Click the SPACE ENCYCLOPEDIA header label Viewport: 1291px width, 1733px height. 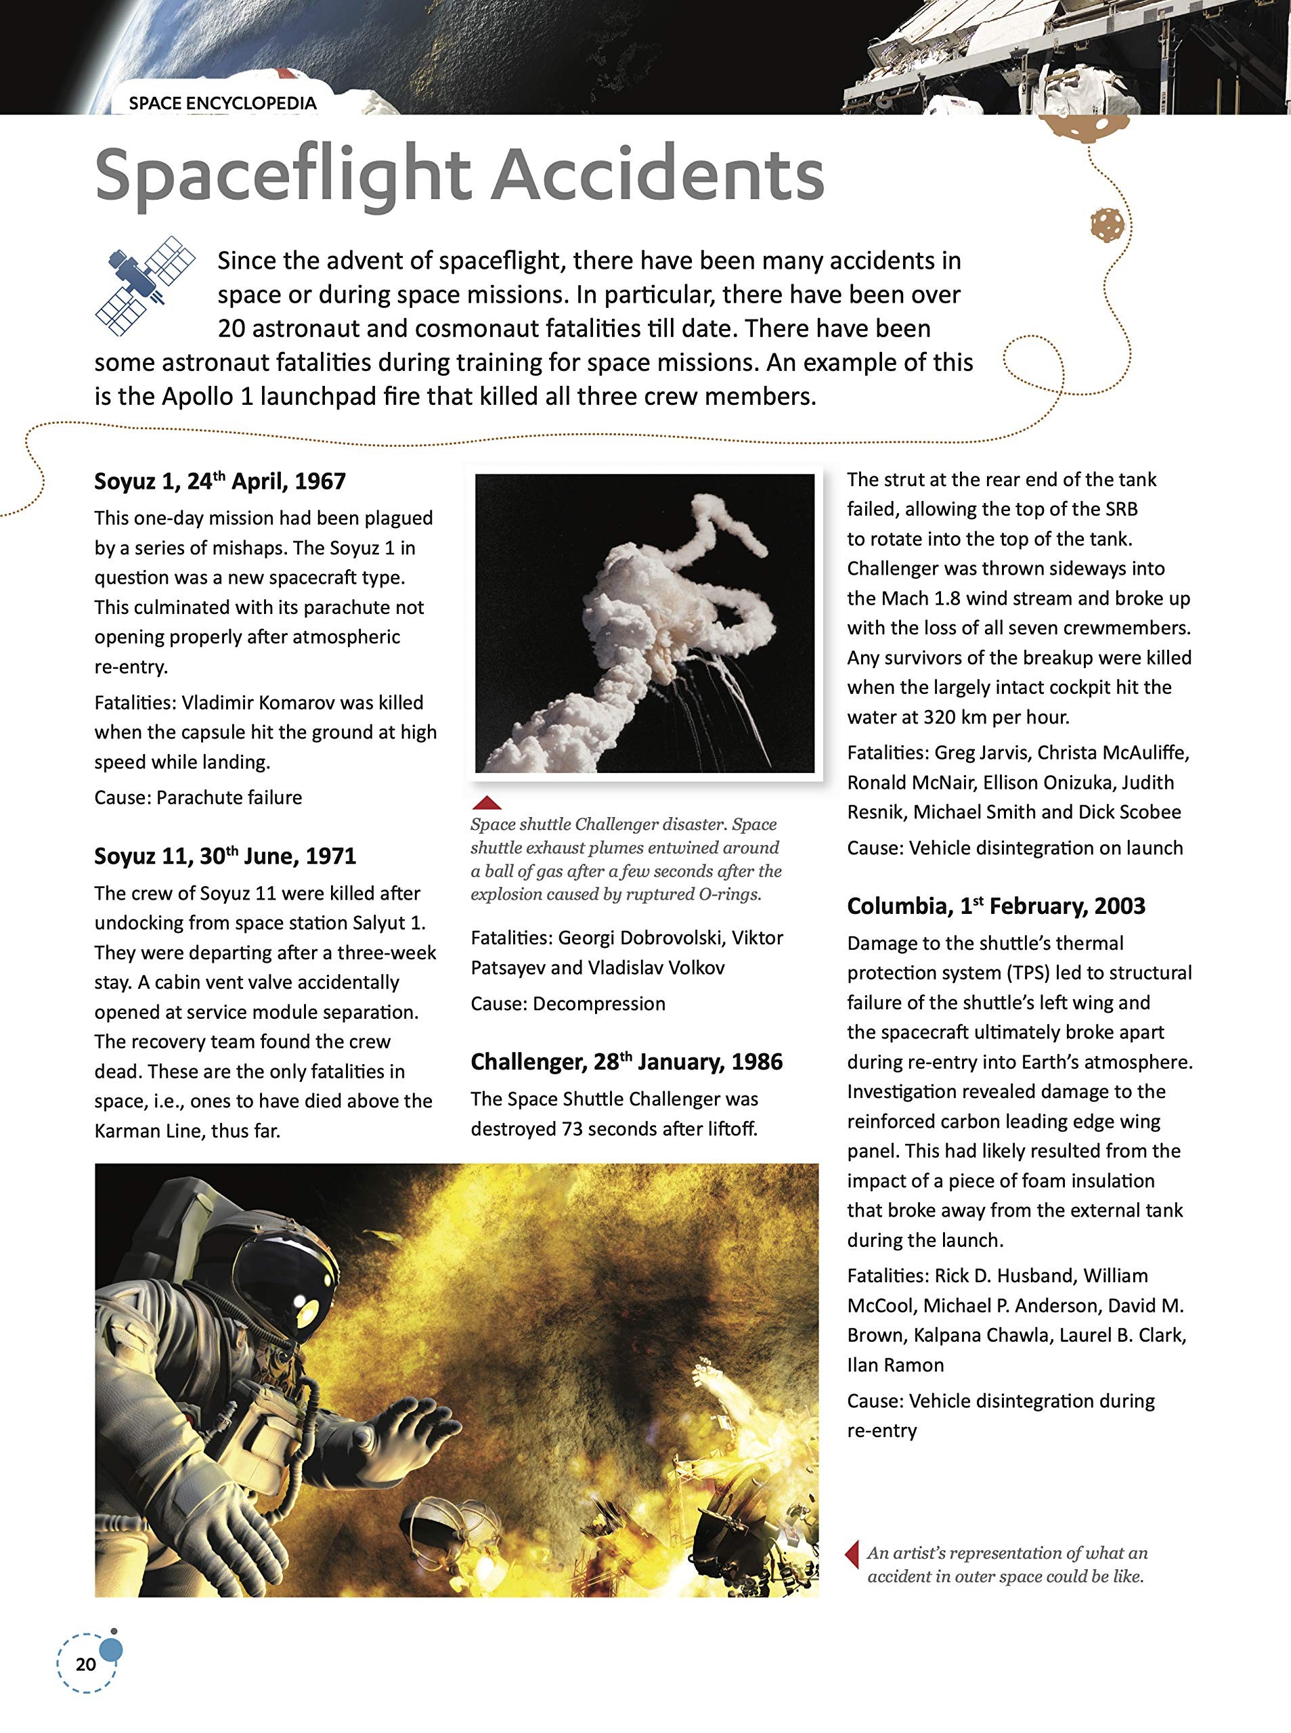pyautogui.click(x=222, y=103)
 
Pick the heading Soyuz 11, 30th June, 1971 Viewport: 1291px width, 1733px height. pyautogui.click(x=225, y=856)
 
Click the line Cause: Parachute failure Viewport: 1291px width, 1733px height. pyautogui.click(x=198, y=797)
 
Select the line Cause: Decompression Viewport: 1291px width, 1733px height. pyautogui.click(x=567, y=1003)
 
